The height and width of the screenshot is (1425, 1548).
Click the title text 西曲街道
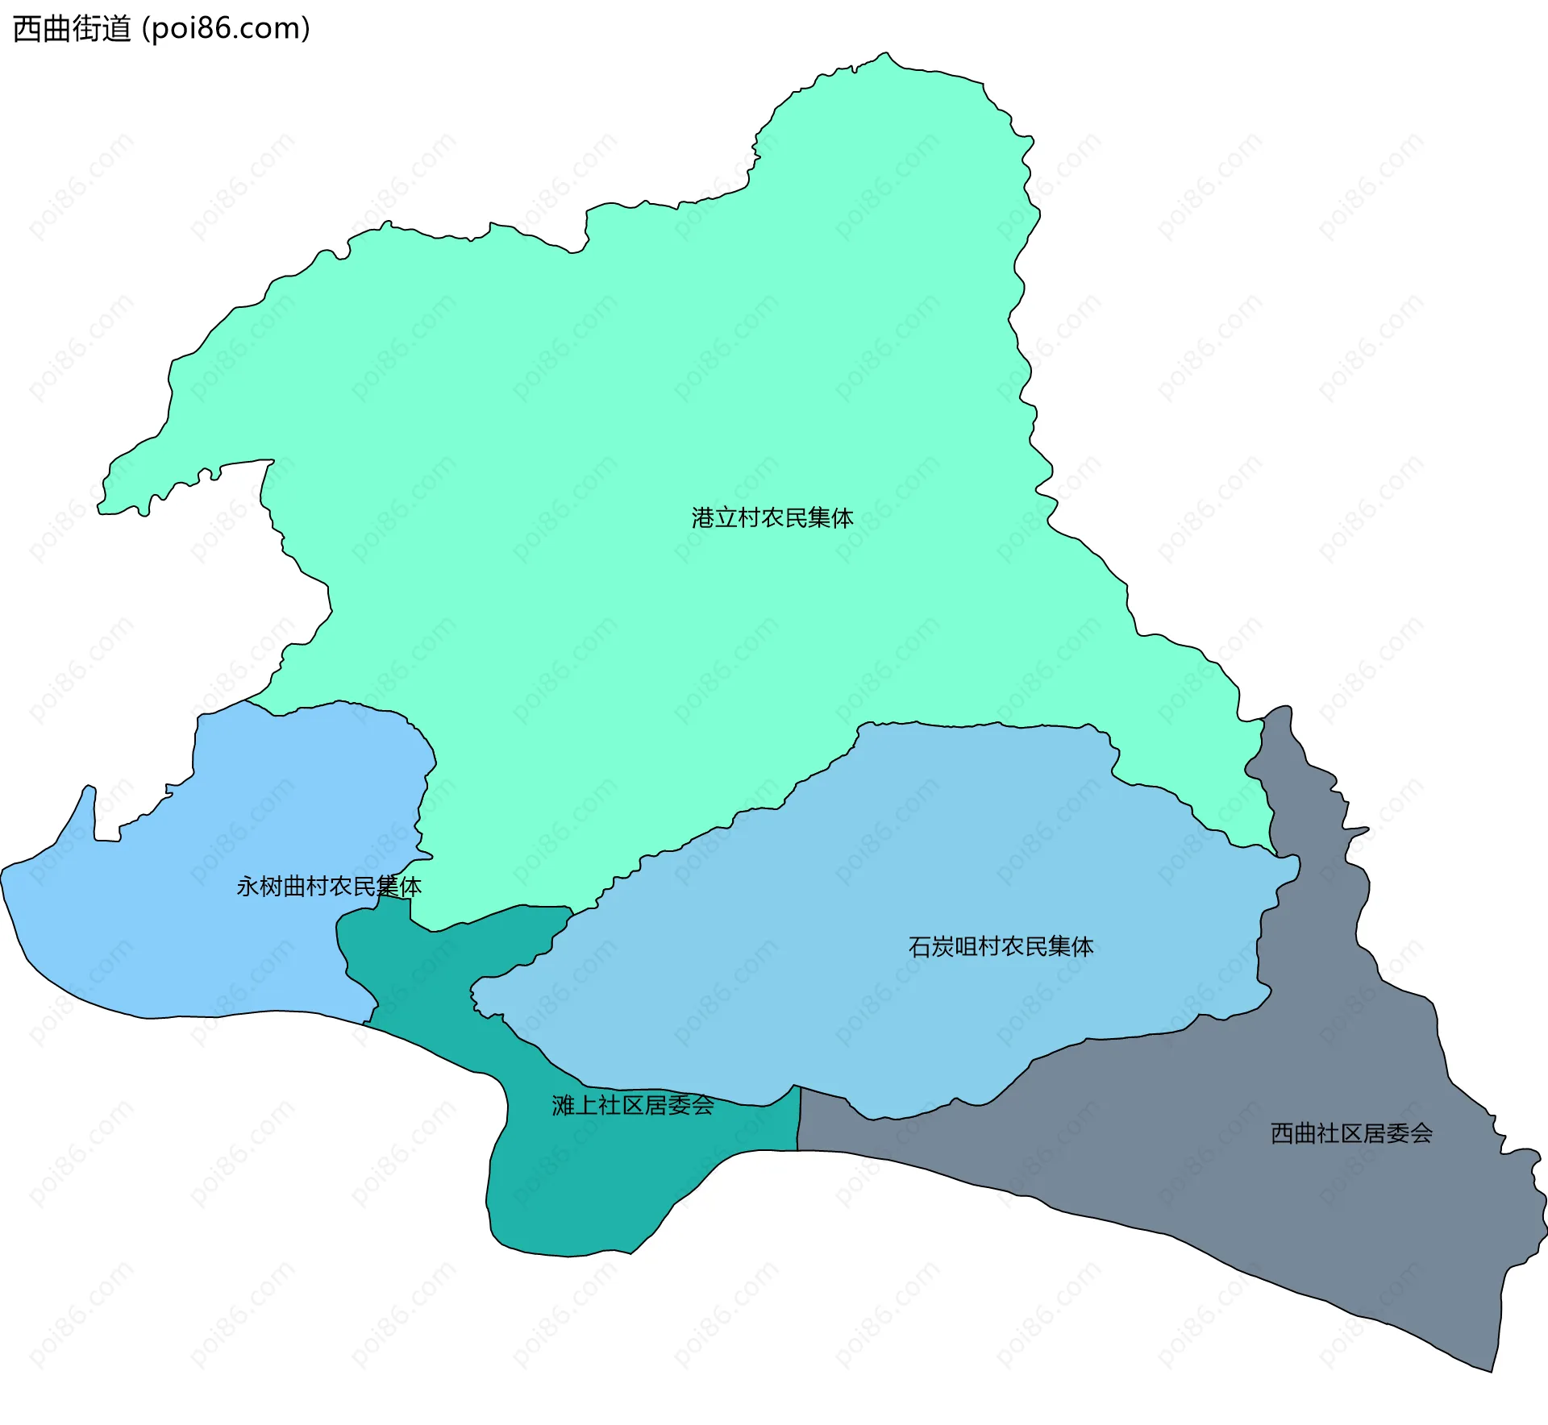pyautogui.click(x=72, y=29)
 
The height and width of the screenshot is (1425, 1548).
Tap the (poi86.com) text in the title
pyautogui.click(x=226, y=29)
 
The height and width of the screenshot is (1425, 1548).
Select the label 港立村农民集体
pyautogui.click(x=772, y=517)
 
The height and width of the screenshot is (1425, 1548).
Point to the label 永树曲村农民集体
pyautogui.click(x=328, y=887)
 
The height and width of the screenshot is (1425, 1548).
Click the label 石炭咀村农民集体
pyautogui.click(x=1001, y=946)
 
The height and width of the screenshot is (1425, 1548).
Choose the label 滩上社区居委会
pyautogui.click(x=633, y=1105)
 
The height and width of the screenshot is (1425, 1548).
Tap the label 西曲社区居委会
pyautogui.click(x=1351, y=1133)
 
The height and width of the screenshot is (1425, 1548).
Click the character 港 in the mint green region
pyautogui.click(x=703, y=517)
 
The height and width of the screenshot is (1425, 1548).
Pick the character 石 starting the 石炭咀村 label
pyautogui.click(x=920, y=946)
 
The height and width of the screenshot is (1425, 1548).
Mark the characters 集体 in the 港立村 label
pyautogui.click(x=830, y=517)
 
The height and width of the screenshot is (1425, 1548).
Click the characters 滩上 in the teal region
pyautogui.click(x=575, y=1105)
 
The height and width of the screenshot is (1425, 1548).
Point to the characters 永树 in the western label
pyautogui.click(x=260, y=887)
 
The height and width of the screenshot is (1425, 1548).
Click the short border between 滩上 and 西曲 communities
pyautogui.click(x=799, y=1119)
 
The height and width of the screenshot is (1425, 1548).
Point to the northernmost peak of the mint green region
pyautogui.click(x=885, y=54)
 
